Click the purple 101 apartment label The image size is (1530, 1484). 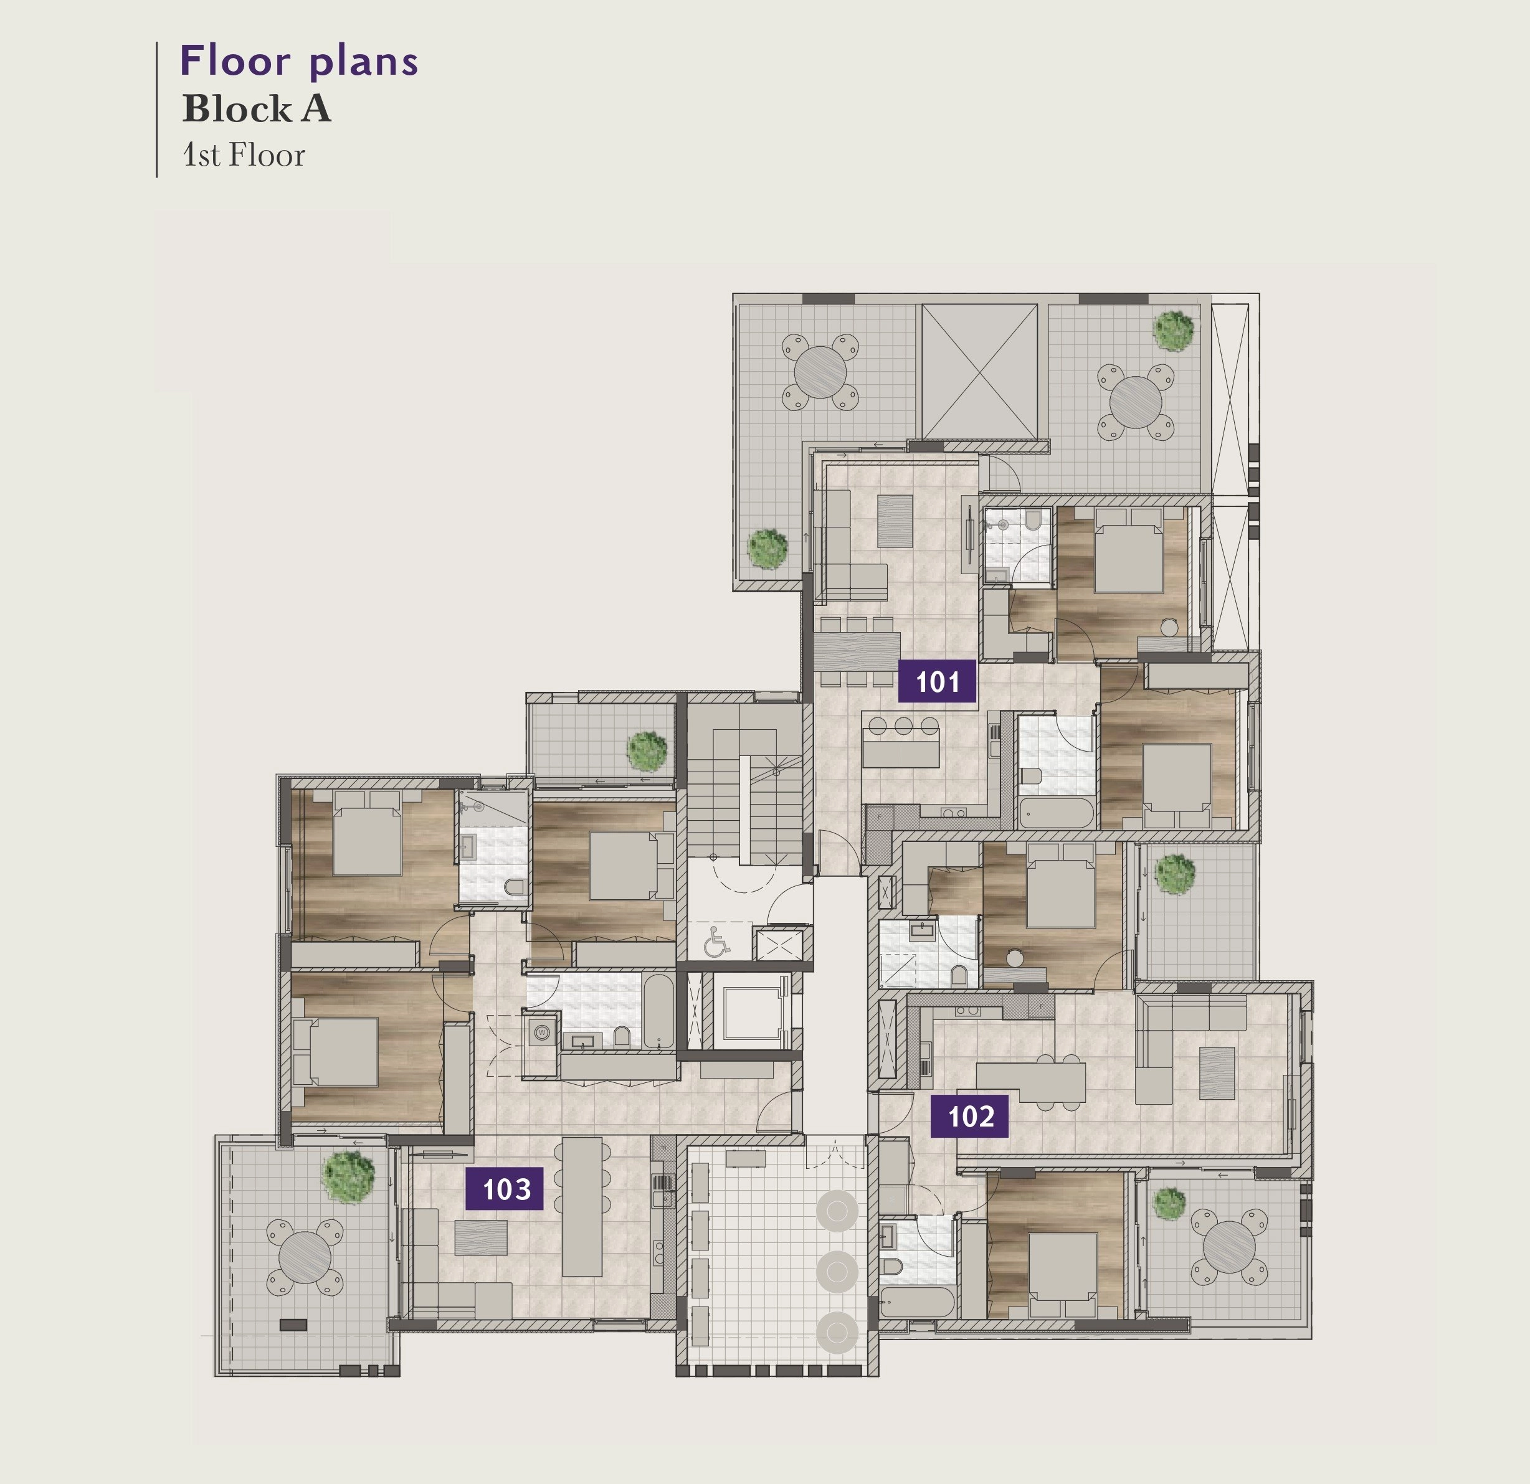938,681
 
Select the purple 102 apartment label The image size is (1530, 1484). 969,1117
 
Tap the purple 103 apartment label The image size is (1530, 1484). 504,1189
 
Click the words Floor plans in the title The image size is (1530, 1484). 299,62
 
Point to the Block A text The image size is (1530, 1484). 257,109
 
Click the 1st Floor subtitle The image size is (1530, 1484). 244,155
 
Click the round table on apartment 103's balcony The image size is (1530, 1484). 305,1256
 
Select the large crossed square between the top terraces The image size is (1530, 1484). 980,371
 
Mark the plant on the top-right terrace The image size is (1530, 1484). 1173,330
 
